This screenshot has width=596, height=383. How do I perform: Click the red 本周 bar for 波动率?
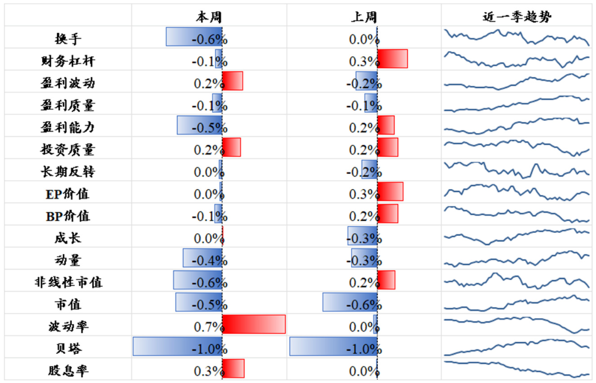click(254, 324)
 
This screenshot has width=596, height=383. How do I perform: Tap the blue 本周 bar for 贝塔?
click(178, 346)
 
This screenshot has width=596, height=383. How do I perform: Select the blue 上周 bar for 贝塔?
click(333, 346)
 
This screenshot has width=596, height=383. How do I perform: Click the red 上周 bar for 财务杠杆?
click(392, 59)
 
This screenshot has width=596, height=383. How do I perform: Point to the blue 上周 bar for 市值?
click(350, 302)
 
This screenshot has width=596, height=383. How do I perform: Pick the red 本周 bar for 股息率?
click(233, 368)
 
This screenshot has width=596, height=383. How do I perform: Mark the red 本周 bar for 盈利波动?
click(232, 81)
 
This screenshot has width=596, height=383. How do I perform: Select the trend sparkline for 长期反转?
click(517, 170)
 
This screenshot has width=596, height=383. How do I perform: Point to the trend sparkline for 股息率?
click(517, 368)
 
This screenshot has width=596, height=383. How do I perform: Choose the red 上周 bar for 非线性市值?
click(386, 280)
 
